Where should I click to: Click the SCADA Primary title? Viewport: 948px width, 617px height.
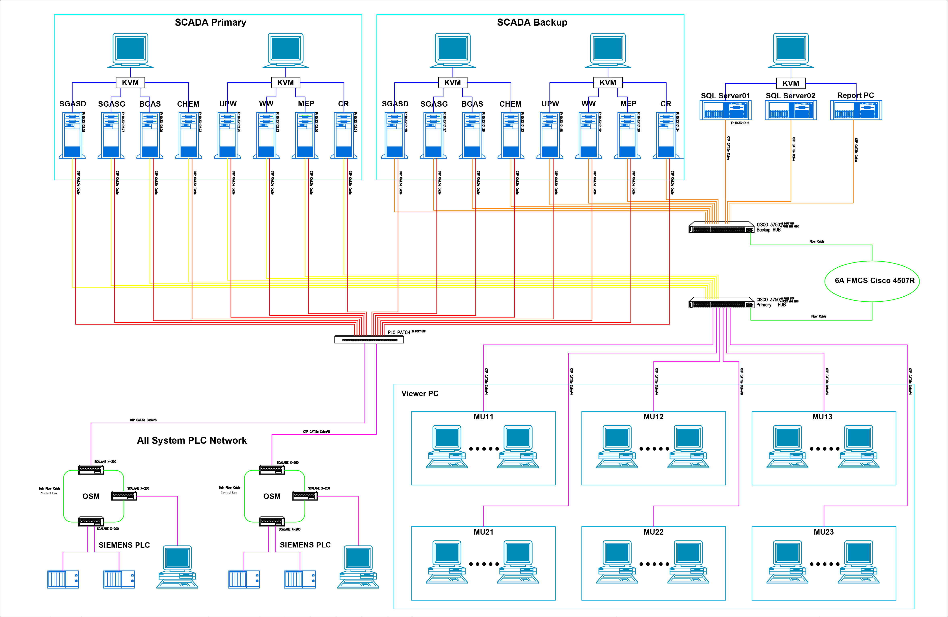tap(210, 22)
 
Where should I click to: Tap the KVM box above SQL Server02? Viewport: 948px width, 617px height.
tap(791, 83)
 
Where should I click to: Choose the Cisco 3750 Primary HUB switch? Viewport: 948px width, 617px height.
tap(721, 303)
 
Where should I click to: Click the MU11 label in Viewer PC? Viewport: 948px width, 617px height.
tap(483, 417)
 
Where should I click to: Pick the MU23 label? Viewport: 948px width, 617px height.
tap(823, 532)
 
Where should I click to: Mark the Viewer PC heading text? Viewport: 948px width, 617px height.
tap(420, 394)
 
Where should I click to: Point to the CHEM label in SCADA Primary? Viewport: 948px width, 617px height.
tap(188, 104)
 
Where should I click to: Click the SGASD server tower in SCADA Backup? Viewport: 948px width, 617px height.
tap(394, 135)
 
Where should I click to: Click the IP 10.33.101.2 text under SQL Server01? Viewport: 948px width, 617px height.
tap(740, 123)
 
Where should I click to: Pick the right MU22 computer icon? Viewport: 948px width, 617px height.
tap(688, 562)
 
